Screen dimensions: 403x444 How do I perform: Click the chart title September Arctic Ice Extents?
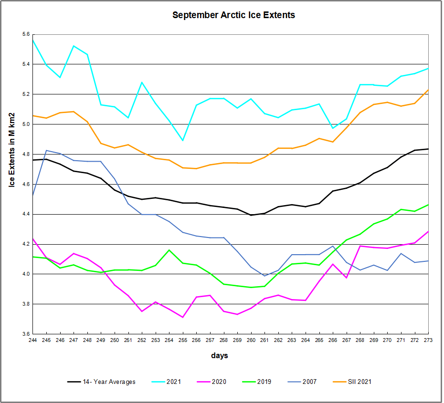[233, 15]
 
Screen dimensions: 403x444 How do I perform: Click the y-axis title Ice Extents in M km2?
[12, 150]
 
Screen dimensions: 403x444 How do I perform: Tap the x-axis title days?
[220, 356]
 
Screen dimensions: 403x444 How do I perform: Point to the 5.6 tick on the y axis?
[25, 34]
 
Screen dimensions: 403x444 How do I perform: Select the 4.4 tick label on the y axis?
[25, 214]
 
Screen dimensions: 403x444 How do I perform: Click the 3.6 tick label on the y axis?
[25, 334]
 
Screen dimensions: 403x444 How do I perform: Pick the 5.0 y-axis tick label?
[25, 124]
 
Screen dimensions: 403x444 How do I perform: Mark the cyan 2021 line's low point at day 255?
[183, 141]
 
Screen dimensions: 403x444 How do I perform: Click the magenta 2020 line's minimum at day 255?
[183, 317]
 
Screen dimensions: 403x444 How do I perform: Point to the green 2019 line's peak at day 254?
[169, 250]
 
